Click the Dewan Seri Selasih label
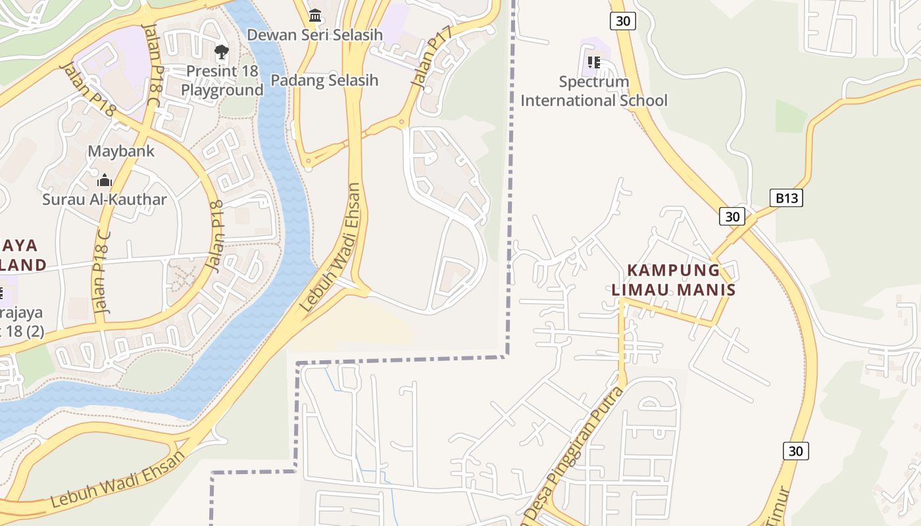point(314,34)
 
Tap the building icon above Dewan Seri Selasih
point(315,14)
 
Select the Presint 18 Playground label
point(222,80)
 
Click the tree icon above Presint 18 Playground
point(222,51)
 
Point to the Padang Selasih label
point(325,80)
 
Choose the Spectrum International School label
point(593,91)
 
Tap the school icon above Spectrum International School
point(593,62)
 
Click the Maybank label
point(121,151)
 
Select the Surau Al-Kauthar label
point(105,199)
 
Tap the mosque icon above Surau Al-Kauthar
point(105,180)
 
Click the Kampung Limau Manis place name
point(674,279)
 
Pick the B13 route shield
point(786,198)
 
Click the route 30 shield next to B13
point(732,216)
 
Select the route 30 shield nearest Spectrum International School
point(622,21)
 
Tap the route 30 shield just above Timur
point(796,451)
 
